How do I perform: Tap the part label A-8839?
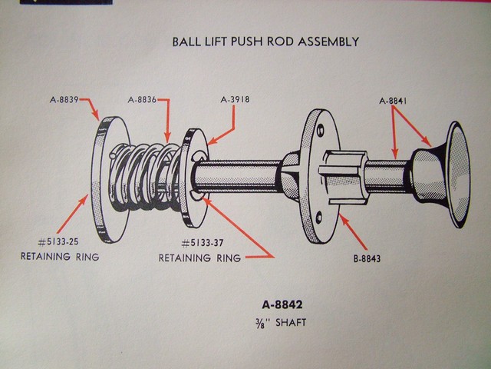[62, 101]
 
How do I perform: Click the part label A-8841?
[398, 101]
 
